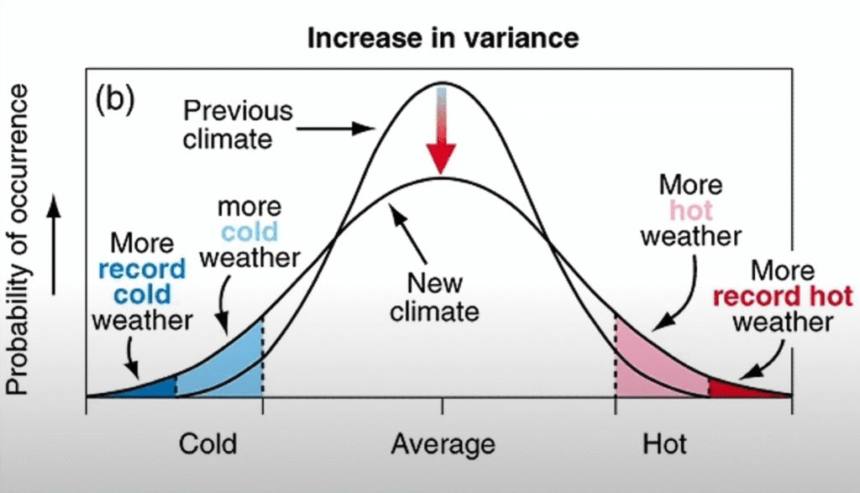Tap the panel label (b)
(x=115, y=99)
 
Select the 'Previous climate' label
(x=239, y=123)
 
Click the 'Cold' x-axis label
(x=207, y=443)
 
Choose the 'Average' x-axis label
(x=443, y=443)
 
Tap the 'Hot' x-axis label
(x=663, y=443)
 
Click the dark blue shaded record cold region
(x=155, y=387)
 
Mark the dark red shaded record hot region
(x=735, y=388)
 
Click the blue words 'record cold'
(x=141, y=282)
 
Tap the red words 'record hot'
(x=782, y=296)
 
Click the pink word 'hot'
(x=691, y=210)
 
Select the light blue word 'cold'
(x=249, y=231)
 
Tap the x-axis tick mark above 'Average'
(x=442, y=406)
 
